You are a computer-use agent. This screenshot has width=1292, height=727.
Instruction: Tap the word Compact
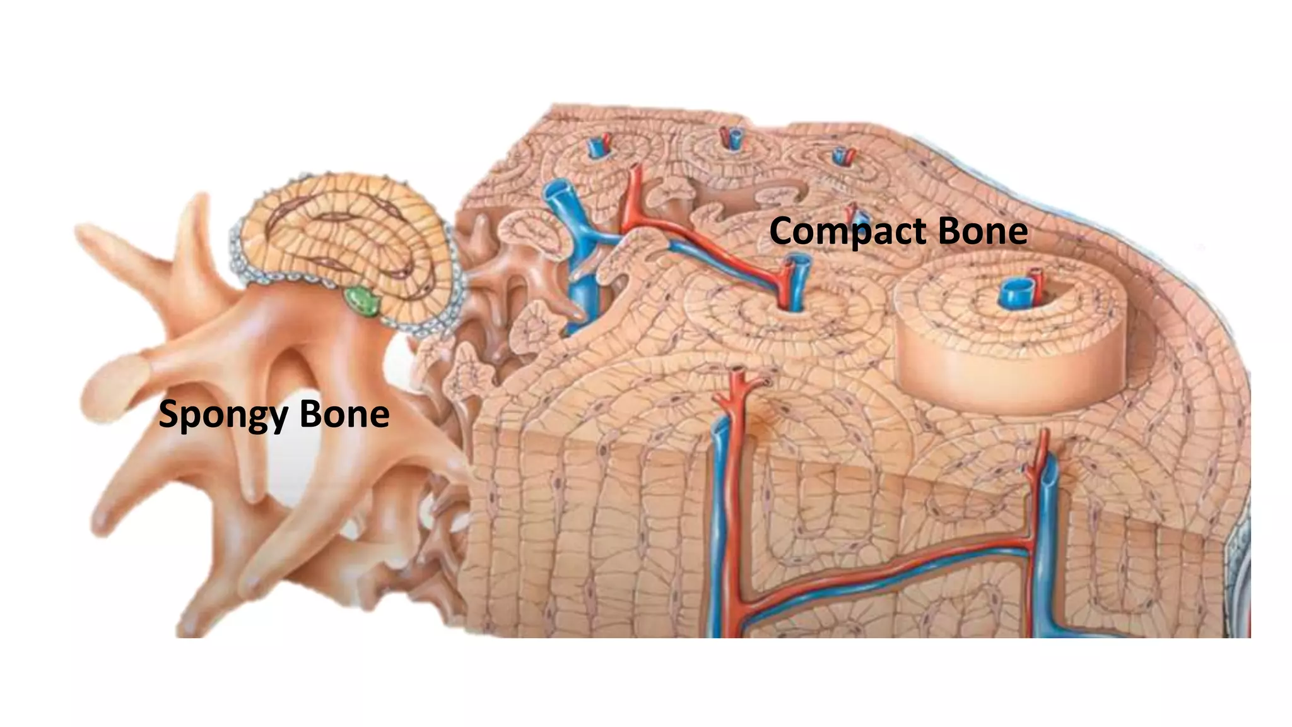tap(848, 232)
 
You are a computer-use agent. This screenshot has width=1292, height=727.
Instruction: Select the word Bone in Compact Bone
tap(983, 230)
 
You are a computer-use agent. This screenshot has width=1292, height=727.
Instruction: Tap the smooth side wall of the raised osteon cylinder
tap(984, 379)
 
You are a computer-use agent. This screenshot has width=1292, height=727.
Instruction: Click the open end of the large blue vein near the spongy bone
tap(557, 189)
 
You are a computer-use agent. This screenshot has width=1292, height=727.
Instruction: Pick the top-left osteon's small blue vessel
tap(596, 147)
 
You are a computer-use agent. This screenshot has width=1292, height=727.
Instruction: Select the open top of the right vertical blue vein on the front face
tap(1048, 470)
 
